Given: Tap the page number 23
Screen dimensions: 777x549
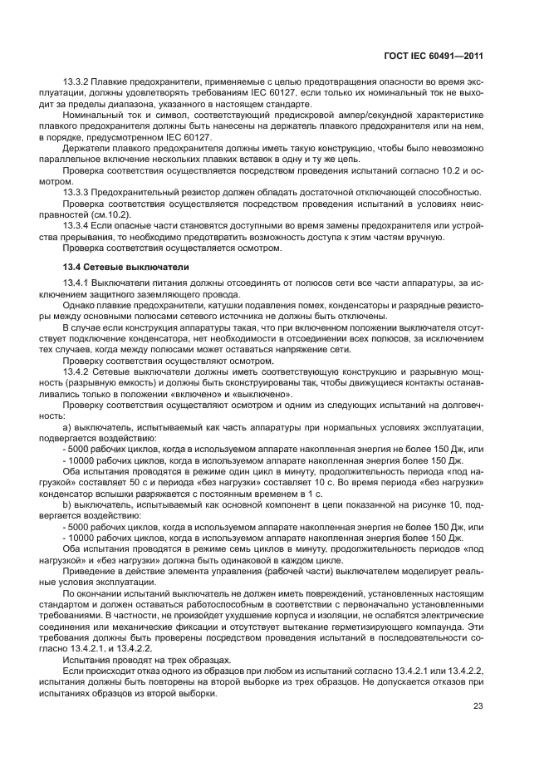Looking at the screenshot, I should click(477, 706).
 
